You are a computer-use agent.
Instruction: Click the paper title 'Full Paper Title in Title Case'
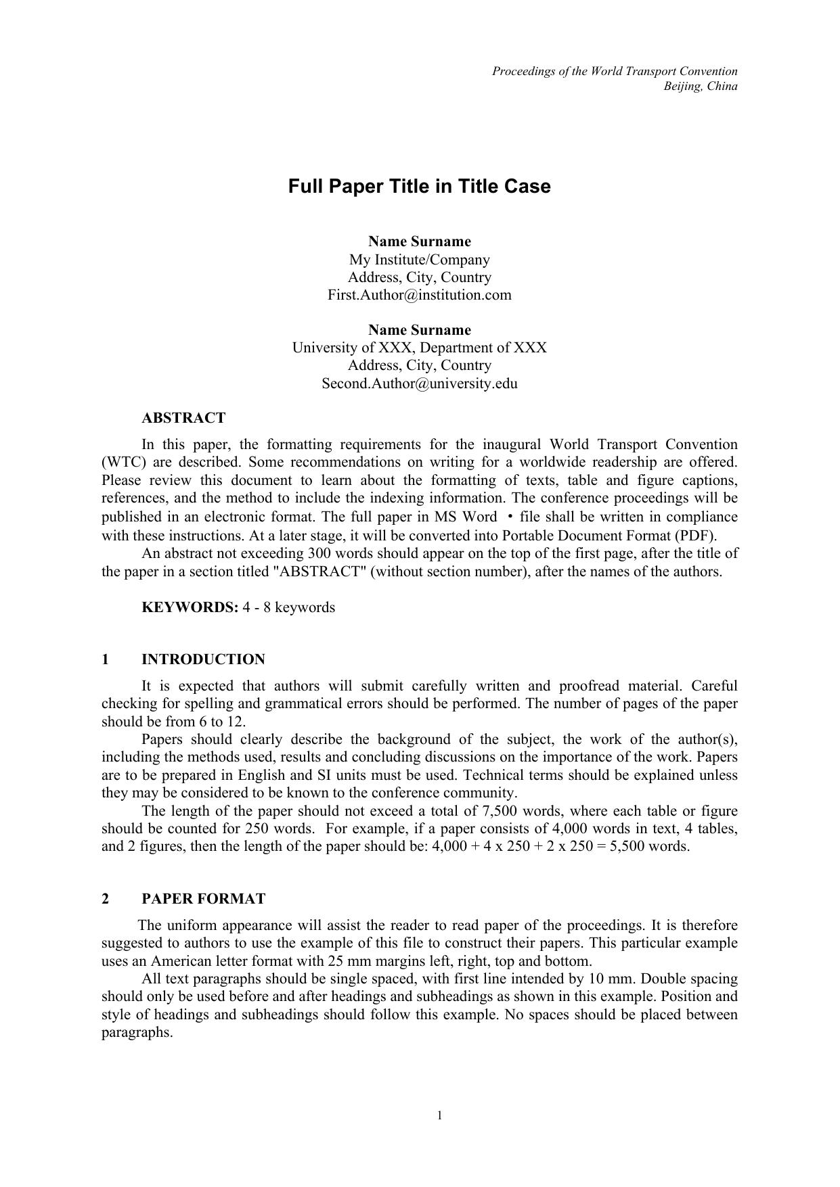419,187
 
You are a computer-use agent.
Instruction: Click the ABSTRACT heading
183,418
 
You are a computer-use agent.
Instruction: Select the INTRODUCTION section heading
203,659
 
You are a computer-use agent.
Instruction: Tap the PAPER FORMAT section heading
203,899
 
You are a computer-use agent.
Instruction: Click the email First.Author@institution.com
419,295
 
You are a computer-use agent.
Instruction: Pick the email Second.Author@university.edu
419,383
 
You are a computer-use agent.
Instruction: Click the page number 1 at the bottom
440,1116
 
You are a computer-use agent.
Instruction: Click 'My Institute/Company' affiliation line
419,260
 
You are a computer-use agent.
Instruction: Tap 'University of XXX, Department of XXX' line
419,348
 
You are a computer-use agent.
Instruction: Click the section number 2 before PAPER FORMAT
106,899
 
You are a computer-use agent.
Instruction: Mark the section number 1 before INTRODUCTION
106,659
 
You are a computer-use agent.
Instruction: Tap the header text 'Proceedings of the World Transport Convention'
615,71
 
